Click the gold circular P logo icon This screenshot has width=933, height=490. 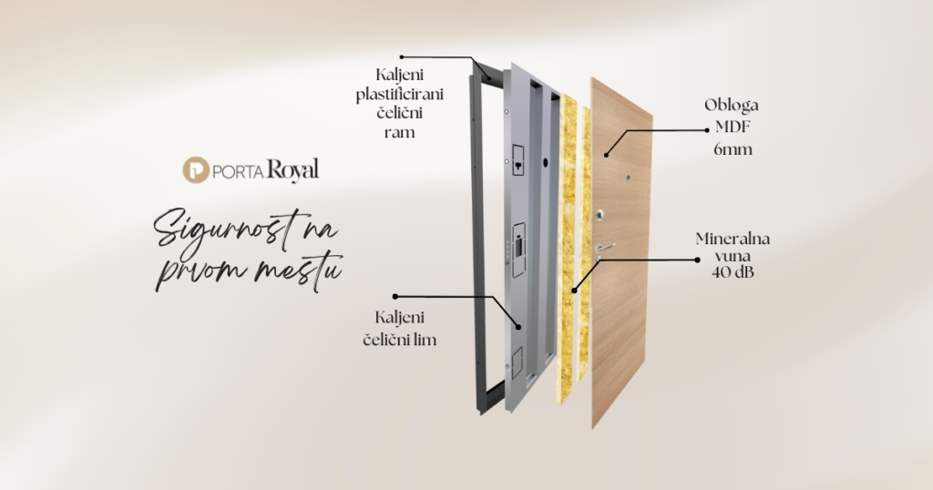pyautogui.click(x=195, y=170)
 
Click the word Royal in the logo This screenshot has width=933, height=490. pyautogui.click(x=292, y=170)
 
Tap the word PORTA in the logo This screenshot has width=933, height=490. pyautogui.click(x=238, y=172)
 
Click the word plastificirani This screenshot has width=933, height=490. pyautogui.click(x=400, y=95)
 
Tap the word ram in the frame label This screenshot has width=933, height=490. pyautogui.click(x=399, y=132)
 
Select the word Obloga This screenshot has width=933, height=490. pyautogui.click(x=732, y=106)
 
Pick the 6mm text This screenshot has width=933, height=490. pyautogui.click(x=733, y=149)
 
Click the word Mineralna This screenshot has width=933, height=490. pyautogui.click(x=733, y=239)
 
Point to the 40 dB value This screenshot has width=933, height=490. pyautogui.click(x=733, y=273)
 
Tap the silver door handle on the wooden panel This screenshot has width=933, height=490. pyautogui.click(x=604, y=248)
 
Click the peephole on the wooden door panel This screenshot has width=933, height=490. pyautogui.click(x=629, y=177)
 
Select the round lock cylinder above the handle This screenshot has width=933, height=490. pyautogui.click(x=600, y=215)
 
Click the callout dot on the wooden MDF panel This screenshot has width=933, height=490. pyautogui.click(x=606, y=155)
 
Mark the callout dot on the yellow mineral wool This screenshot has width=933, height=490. pyautogui.click(x=574, y=291)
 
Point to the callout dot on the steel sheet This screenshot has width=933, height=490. pyautogui.click(x=518, y=326)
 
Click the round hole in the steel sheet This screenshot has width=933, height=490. pyautogui.click(x=545, y=162)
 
